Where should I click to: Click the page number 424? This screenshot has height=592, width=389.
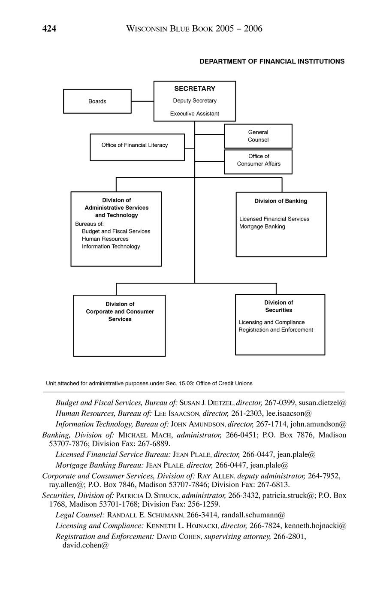(49, 29)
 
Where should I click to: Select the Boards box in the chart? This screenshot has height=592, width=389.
(97, 101)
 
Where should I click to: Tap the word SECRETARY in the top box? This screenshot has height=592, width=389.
(195, 89)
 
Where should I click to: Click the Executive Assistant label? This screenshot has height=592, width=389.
(195, 114)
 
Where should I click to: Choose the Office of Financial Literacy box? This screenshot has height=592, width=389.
(137, 147)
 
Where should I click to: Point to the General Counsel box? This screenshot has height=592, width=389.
(258, 136)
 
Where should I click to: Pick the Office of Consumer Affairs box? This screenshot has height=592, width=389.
(258, 161)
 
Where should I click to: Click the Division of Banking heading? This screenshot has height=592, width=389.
(281, 201)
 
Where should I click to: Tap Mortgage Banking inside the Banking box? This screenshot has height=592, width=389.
(262, 227)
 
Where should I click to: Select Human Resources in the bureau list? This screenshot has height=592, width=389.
(105, 239)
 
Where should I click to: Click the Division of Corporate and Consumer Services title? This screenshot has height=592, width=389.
(120, 311)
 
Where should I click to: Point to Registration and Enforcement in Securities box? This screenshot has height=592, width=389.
(276, 330)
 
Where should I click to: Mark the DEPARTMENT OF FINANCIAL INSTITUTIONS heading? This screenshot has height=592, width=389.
(272, 61)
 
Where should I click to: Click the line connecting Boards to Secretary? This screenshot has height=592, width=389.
(142, 101)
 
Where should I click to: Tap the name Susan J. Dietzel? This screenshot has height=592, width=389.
(206, 403)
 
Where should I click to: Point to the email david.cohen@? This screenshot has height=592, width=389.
(83, 545)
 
